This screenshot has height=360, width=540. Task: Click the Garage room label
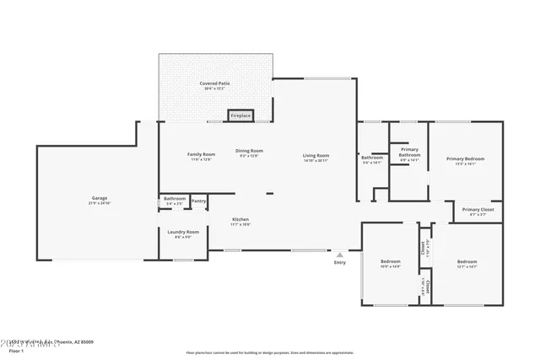[x=100, y=199]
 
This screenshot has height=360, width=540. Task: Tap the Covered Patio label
[x=214, y=83]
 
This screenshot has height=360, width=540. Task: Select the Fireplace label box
[x=240, y=115]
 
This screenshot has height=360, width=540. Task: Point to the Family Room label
[x=201, y=154]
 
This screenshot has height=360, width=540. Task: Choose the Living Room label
[x=316, y=155]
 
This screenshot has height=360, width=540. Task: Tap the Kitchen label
[x=241, y=221]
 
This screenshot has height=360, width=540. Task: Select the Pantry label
[x=198, y=201]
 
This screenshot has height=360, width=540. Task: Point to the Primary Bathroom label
[x=409, y=153]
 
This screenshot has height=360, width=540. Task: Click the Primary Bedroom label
[x=466, y=159]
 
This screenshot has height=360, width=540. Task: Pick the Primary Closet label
[x=478, y=210]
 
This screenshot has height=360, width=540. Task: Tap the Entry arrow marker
[x=340, y=254]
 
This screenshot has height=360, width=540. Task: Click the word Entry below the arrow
[x=340, y=262]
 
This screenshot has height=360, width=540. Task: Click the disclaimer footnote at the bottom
[x=269, y=352]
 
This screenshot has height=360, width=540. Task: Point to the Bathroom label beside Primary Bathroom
[x=372, y=158]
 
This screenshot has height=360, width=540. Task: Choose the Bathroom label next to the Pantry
[x=175, y=199]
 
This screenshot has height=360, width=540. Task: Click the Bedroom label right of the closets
[x=467, y=261]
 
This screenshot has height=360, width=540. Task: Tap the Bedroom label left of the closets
[x=390, y=261]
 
